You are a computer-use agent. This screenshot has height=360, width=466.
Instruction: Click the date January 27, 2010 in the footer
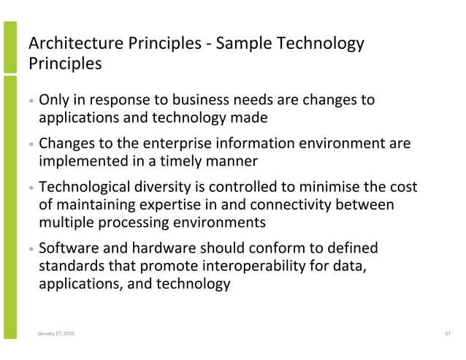pos(55,334)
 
